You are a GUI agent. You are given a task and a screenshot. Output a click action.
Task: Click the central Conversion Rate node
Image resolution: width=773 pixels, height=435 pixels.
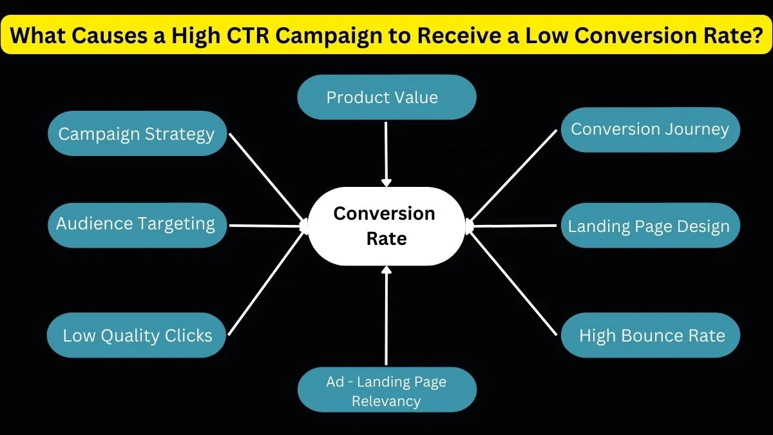tap(385, 226)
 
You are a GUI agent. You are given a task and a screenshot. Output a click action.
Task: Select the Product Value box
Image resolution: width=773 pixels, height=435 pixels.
tap(386, 97)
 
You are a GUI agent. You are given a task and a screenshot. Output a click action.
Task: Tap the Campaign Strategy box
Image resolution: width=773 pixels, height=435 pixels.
tap(137, 133)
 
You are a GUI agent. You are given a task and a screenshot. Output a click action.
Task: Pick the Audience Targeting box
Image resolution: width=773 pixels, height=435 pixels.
tap(137, 224)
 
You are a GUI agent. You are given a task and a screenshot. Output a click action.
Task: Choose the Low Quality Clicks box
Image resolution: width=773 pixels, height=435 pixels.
tap(137, 335)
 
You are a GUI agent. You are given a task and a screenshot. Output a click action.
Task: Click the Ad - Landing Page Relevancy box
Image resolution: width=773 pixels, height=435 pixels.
tap(386, 391)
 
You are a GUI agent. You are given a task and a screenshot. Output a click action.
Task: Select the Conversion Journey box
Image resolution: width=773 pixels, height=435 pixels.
tap(650, 130)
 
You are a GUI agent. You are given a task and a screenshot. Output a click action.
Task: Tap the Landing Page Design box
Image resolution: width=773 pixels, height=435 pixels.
tap(649, 226)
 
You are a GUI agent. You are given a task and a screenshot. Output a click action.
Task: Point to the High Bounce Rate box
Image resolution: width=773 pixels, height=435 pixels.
tap(651, 335)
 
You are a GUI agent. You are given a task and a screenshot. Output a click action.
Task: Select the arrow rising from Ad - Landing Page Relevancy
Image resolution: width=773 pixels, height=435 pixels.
tap(386, 316)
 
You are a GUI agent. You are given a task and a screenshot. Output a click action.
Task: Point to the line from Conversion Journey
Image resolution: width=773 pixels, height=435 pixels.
tap(513, 175)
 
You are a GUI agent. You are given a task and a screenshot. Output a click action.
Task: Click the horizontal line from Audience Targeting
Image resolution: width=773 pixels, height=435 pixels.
tap(267, 226)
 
